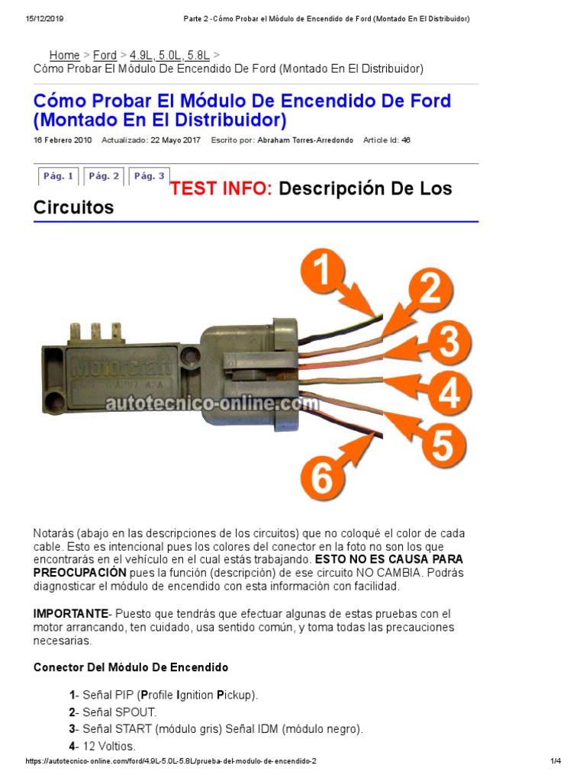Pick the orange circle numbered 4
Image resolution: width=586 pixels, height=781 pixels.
tap(449, 394)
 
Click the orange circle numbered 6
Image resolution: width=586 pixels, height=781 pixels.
tap(322, 479)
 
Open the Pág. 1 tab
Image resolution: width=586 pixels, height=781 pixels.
tap(58, 176)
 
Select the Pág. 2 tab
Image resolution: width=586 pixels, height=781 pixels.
tap(104, 176)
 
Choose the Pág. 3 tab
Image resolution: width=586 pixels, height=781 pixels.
tap(149, 176)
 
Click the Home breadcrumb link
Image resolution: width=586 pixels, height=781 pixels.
tap(64, 55)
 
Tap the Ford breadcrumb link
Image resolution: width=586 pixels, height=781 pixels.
tap(105, 55)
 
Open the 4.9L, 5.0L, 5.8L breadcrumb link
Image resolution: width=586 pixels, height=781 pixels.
tap(169, 55)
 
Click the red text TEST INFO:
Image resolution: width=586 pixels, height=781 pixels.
tap(221, 188)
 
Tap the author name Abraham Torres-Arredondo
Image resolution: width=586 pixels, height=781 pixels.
tap(305, 140)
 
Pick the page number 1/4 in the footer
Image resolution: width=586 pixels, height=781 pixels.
tap(555, 762)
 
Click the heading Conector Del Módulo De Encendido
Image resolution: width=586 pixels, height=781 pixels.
tap(130, 667)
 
